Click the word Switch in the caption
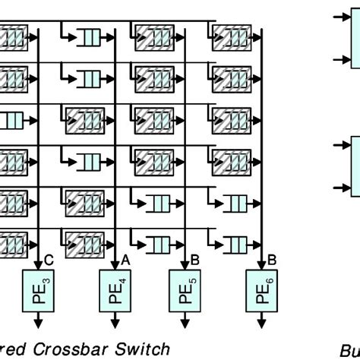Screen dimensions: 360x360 pyautogui.click(x=144, y=349)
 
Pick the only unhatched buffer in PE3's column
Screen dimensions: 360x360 pyautogui.click(x=14, y=119)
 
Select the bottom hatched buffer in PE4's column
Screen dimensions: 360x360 pyautogui.click(x=85, y=245)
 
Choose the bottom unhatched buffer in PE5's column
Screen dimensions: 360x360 pyautogui.click(x=158, y=245)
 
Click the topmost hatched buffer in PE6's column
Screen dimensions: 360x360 pyautogui.click(x=231, y=36)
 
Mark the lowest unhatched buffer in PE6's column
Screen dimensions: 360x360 pyautogui.click(x=234, y=245)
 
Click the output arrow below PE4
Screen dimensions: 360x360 pyautogui.click(x=115, y=322)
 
